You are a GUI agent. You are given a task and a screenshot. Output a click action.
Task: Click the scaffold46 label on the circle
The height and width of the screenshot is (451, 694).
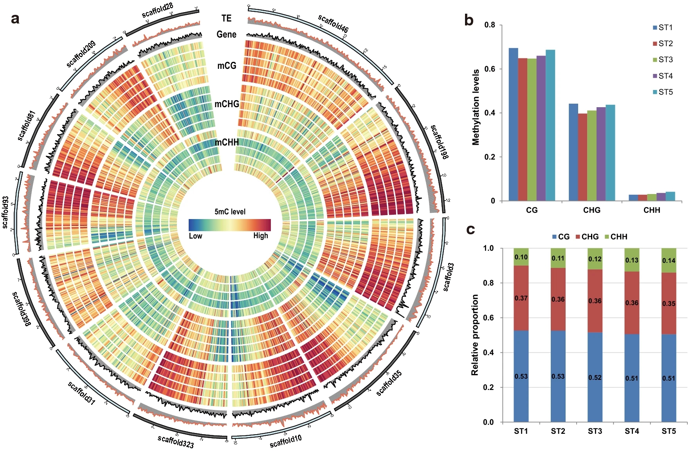[333, 23]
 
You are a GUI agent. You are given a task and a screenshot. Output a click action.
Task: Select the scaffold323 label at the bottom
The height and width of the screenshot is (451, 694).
[176, 442]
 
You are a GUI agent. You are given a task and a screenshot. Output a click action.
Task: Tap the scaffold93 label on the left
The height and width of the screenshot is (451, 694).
[5, 212]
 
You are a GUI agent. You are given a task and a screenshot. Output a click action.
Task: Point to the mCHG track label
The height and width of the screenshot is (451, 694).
[227, 104]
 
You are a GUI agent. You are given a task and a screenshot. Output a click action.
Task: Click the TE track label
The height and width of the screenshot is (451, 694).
[226, 18]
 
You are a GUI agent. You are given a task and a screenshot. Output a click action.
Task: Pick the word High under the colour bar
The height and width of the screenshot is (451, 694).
[261, 235]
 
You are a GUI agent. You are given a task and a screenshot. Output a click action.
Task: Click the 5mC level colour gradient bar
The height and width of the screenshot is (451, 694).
[230, 225]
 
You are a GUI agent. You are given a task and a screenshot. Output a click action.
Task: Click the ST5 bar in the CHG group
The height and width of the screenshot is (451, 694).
[610, 153]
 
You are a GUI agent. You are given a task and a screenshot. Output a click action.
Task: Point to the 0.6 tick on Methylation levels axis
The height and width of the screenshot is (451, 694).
[490, 69]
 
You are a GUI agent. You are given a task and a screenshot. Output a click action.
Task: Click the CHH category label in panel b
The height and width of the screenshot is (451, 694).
[652, 210]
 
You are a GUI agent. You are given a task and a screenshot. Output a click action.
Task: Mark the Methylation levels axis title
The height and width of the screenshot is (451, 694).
[476, 107]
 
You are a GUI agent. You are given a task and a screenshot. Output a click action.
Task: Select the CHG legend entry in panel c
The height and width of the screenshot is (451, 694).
[587, 237]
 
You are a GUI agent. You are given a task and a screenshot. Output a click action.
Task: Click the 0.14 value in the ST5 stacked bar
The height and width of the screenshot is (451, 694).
[669, 261]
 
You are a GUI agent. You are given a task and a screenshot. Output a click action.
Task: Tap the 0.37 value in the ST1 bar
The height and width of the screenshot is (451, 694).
[521, 298]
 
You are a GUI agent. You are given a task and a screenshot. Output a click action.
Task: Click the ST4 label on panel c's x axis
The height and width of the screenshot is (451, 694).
[632, 431]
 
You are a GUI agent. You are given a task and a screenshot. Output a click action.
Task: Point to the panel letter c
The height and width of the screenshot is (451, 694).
[470, 230]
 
